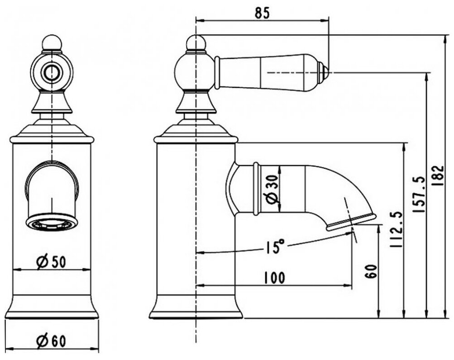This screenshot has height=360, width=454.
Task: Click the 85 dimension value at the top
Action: (x=262, y=13)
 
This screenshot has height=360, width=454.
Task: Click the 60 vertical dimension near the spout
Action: (x=370, y=271)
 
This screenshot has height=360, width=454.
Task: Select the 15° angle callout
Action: (x=275, y=247)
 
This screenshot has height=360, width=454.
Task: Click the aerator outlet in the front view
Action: (x=51, y=223)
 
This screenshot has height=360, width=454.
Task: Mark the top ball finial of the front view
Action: (x=51, y=43)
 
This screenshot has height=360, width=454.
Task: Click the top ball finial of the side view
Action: (x=196, y=43)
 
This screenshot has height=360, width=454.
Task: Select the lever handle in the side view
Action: (x=267, y=72)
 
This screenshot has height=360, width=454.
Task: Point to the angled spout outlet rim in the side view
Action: (x=351, y=223)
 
